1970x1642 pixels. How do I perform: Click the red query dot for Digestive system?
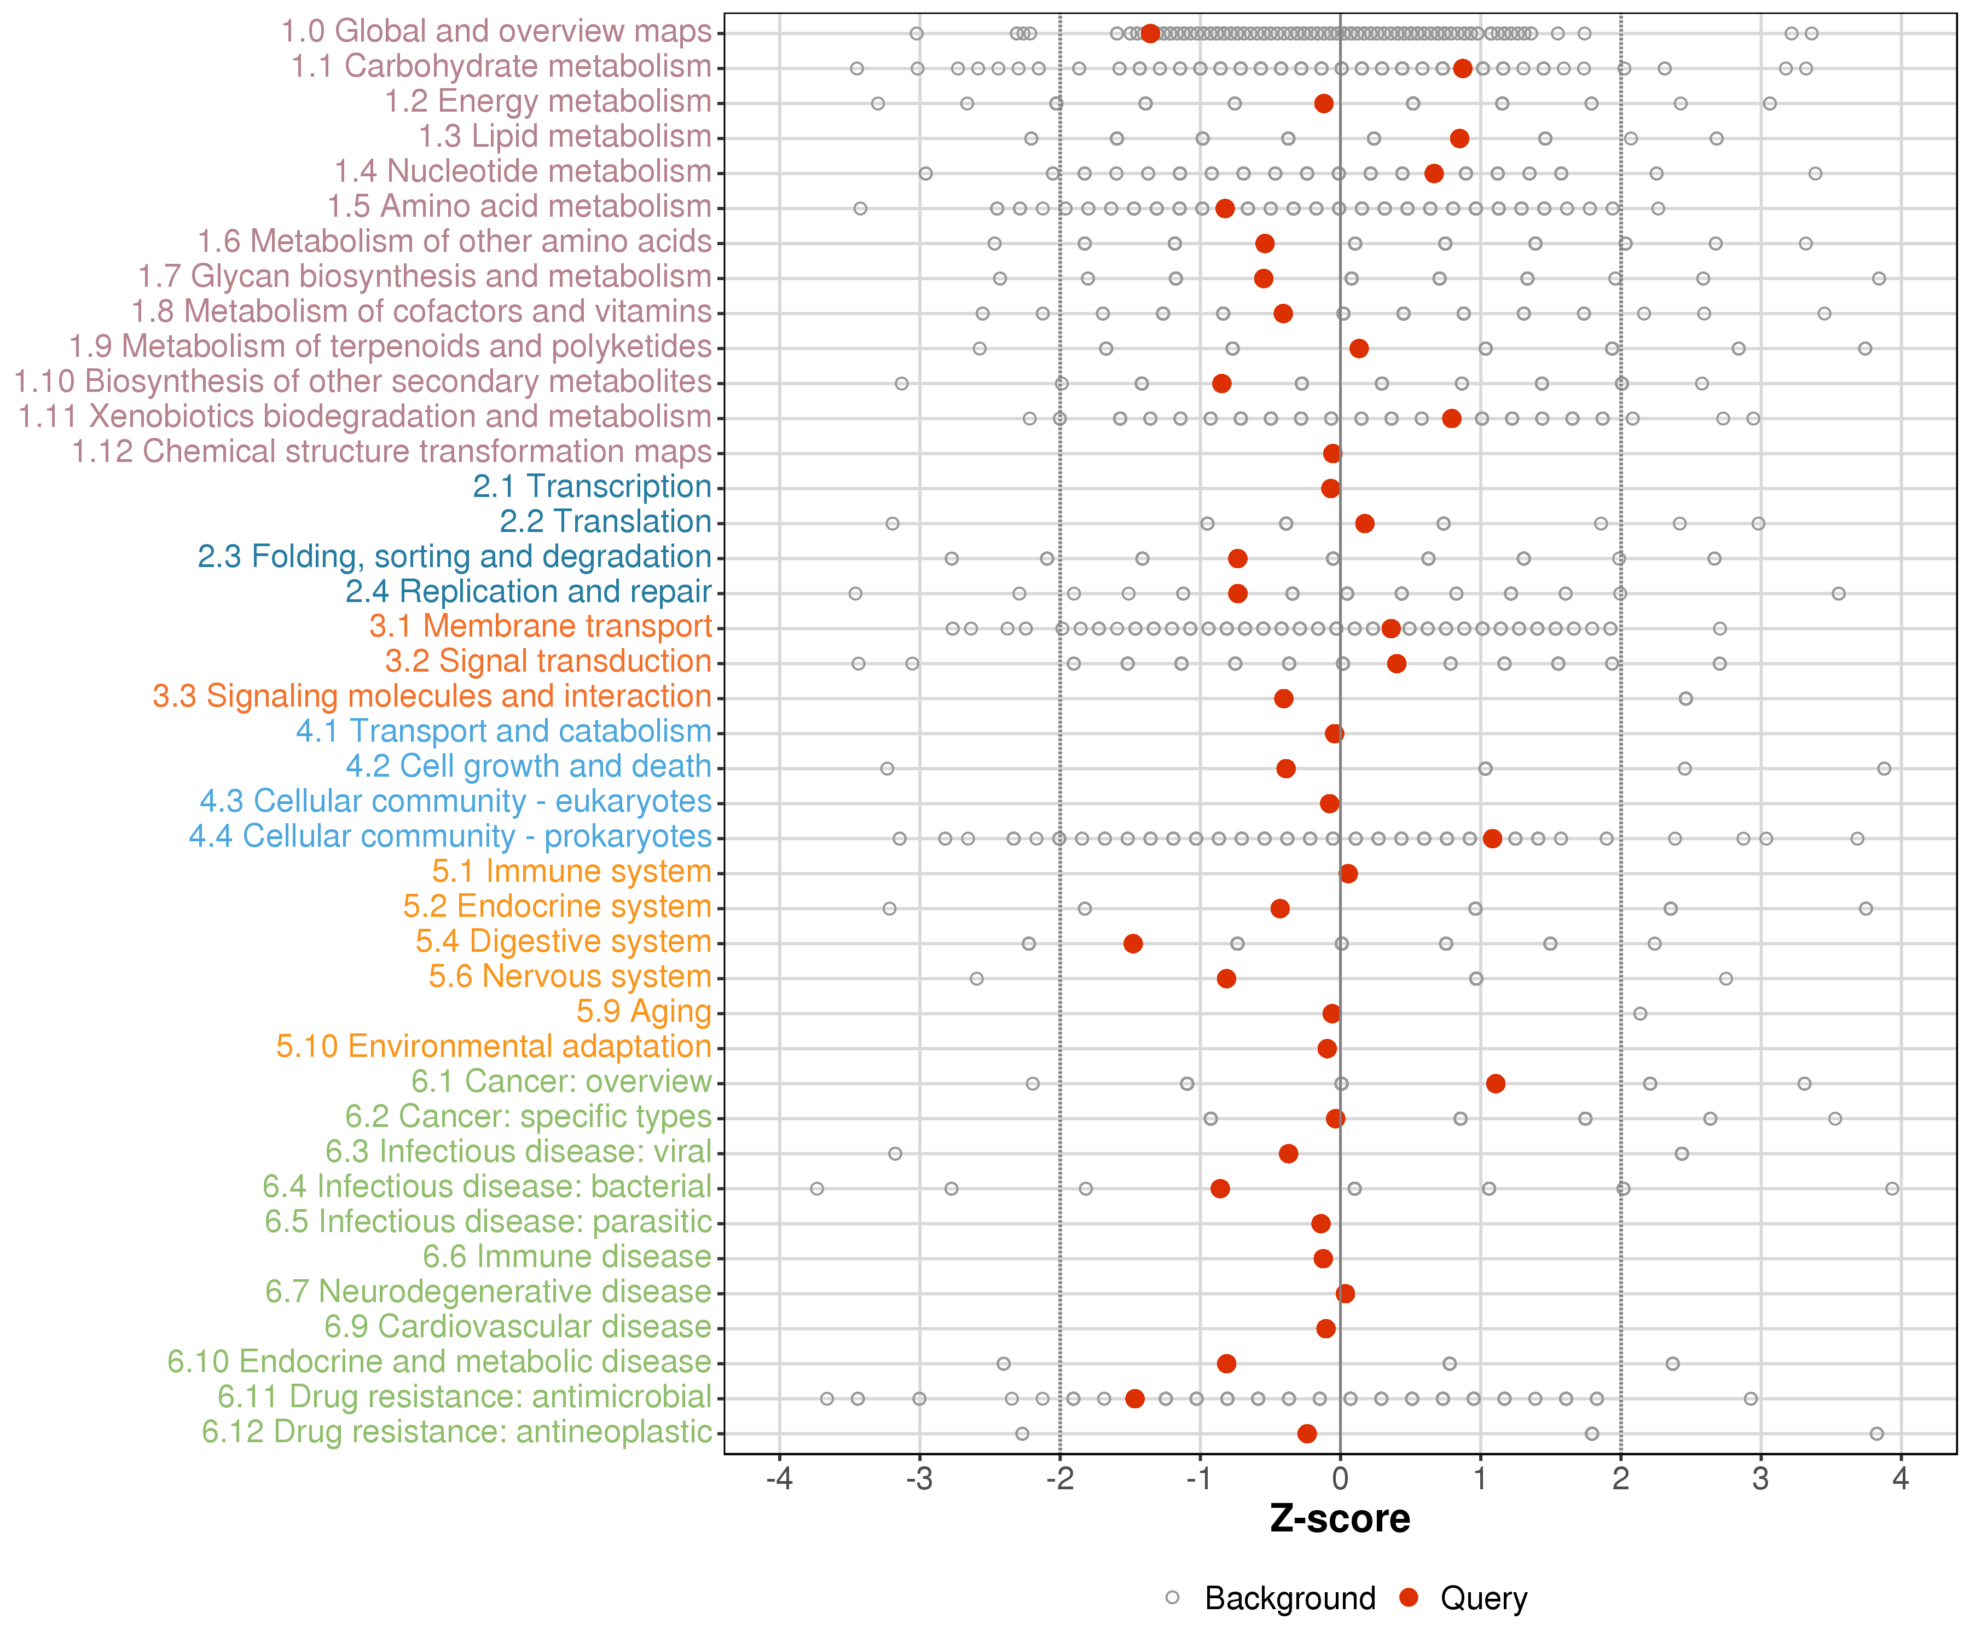point(1133,943)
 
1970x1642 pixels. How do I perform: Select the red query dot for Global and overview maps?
point(1151,34)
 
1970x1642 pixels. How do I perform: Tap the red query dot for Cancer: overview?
point(1496,1084)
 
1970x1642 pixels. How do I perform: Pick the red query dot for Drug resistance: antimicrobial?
point(1135,1399)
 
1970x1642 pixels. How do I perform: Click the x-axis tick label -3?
point(919,1479)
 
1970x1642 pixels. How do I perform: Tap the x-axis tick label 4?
point(1901,1479)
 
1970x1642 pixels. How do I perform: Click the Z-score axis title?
point(1340,1519)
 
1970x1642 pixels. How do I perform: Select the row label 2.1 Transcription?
point(592,487)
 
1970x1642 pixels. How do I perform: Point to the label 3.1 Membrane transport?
point(540,627)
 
